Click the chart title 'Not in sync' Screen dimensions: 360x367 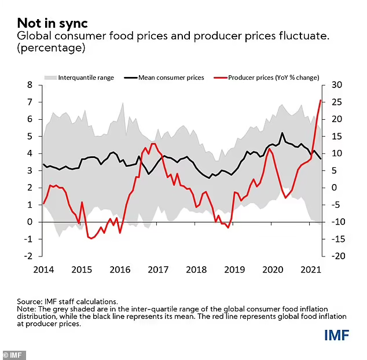[x=52, y=23]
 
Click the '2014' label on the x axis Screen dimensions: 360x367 [x=43, y=269]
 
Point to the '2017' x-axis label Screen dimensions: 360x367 [x=158, y=269]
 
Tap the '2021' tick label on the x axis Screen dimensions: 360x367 [x=311, y=269]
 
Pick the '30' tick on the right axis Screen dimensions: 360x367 [x=336, y=85]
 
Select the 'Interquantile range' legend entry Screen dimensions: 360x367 [x=86, y=77]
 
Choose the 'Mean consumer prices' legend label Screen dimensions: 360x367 [x=171, y=77]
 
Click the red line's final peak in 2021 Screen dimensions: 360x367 [x=321, y=101]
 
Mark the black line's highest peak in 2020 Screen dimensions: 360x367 [x=282, y=133]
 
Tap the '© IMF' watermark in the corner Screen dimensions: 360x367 [x=13, y=355]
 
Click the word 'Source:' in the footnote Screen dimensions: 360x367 [x=29, y=301]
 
